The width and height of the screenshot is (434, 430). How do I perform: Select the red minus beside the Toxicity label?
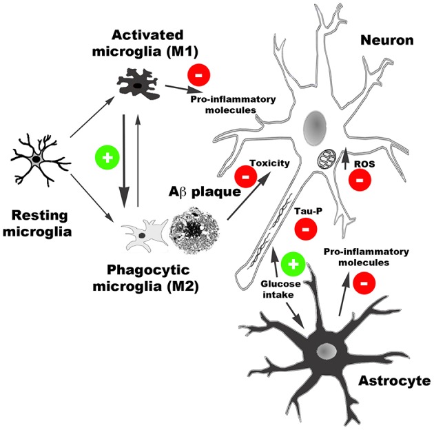coord(245,176)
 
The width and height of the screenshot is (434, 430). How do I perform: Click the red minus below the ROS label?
coord(358,180)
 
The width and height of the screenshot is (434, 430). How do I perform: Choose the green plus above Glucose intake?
coord(292,263)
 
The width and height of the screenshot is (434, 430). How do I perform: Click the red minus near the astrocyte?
coord(364,280)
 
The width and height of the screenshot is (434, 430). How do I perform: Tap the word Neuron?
coord(386,40)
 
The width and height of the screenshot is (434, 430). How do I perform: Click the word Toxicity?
coord(269,163)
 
